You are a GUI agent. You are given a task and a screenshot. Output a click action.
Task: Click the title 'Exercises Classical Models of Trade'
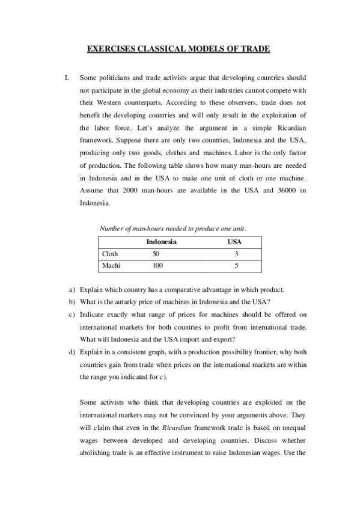point(179,49)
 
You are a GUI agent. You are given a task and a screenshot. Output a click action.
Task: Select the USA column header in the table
point(235,242)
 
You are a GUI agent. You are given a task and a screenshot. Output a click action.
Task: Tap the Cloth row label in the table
point(111,254)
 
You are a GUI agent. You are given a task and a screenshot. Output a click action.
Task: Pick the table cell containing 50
point(157,254)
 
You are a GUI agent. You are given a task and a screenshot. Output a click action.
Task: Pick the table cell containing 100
point(158,265)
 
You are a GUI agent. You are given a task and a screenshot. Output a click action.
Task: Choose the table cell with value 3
point(237,254)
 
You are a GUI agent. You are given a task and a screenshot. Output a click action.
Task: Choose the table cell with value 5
point(237,265)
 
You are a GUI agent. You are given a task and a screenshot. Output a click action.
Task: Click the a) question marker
point(72,289)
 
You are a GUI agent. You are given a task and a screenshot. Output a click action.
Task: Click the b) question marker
point(72,301)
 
